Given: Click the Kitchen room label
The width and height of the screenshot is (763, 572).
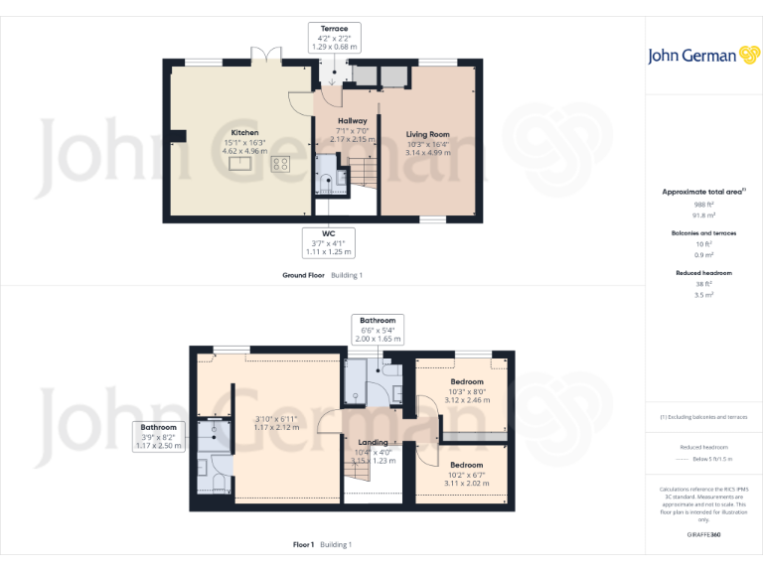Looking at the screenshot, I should point(244,132).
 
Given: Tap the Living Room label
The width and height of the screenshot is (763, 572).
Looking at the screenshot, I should point(427,134).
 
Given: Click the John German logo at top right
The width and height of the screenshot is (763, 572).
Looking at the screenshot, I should point(705,56).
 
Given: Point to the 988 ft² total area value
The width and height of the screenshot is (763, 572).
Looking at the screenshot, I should point(705,205).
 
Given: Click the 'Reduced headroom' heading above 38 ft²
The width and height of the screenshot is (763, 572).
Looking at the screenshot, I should point(705,272).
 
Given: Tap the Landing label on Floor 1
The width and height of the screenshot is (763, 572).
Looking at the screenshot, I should point(373,442).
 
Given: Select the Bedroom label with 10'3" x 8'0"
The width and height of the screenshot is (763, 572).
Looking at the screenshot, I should point(467,382).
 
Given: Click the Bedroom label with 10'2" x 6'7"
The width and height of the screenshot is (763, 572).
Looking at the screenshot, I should point(466,465).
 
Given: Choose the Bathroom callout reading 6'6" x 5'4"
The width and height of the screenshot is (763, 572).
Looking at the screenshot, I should point(378,330).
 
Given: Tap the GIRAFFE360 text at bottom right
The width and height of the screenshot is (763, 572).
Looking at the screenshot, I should point(705,534).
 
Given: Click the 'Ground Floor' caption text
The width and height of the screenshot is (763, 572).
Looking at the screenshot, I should point(304,274).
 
